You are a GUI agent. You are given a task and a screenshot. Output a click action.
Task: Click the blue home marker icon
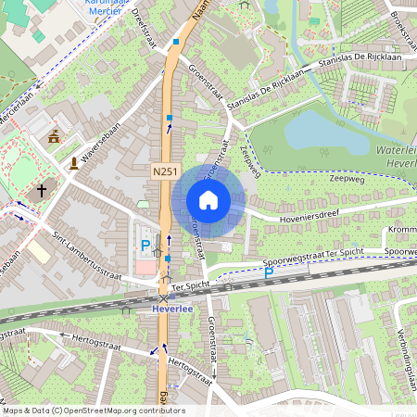(x=208, y=200)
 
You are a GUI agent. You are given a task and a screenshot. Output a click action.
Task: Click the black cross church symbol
(x=41, y=192)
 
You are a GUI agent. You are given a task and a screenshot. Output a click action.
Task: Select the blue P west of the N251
(x=145, y=246)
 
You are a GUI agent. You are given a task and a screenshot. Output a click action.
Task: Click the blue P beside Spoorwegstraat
(x=269, y=273)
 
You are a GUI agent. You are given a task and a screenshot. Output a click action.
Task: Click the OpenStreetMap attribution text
(x=93, y=411)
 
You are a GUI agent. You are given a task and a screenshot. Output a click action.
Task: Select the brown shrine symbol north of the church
(x=53, y=136)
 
